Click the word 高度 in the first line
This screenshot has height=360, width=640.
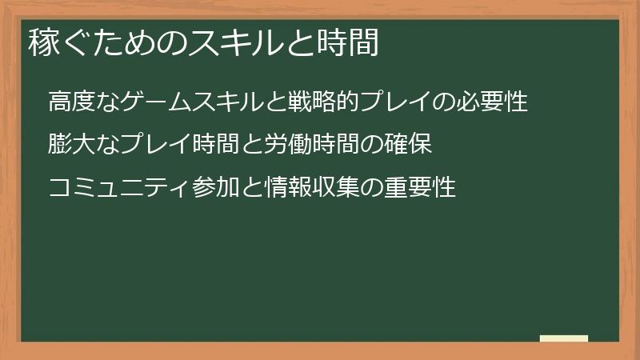(70, 103)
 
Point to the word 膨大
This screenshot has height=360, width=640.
(70, 146)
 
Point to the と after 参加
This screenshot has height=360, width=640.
(246, 188)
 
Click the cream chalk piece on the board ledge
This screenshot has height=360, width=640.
(564, 338)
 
